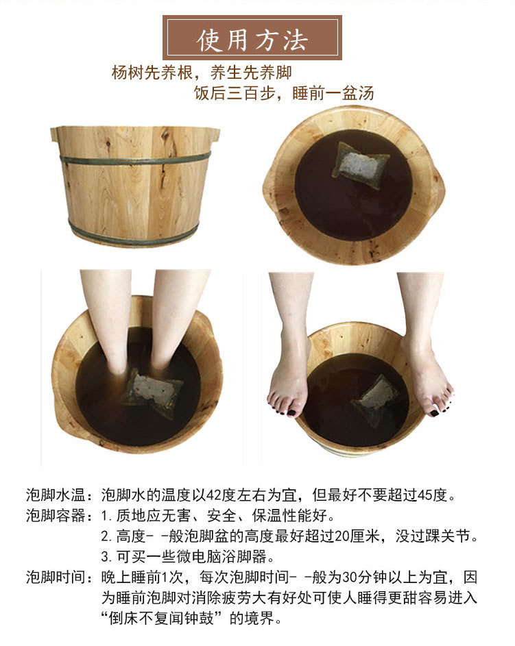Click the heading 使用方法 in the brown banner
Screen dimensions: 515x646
pyautogui.click(x=252, y=40)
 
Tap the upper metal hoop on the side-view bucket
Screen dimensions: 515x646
pyautogui.click(x=135, y=160)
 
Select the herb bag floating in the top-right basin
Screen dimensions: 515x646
pyautogui.click(x=360, y=165)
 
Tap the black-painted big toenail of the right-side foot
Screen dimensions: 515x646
pyautogui.click(x=434, y=412)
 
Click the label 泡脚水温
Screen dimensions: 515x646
pyautogui.click(x=56, y=495)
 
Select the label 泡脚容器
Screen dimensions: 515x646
pyautogui.click(x=56, y=515)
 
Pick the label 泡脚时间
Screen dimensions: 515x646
pyautogui.click(x=56, y=577)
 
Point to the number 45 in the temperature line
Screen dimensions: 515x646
pyautogui.click(x=425, y=495)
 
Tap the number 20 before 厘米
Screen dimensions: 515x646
pyautogui.click(x=343, y=536)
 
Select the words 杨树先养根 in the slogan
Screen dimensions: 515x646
pyautogui.click(x=152, y=73)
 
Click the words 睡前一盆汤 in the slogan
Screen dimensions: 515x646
pyautogui.click(x=333, y=93)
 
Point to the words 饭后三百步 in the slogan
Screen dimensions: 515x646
pyautogui.click(x=235, y=93)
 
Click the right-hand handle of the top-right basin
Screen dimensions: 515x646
pyautogui.click(x=438, y=190)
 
